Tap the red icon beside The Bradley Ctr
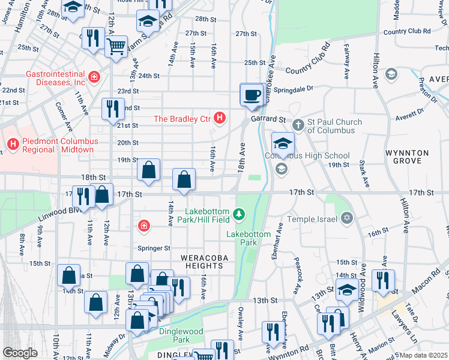coord(220,118)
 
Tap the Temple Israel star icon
coord(346,219)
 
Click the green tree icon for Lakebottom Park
coord(240,214)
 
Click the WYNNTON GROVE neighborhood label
coord(411,157)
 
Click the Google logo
coord(19,352)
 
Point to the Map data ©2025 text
coord(423,355)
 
